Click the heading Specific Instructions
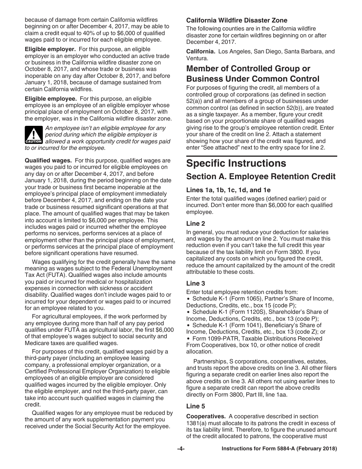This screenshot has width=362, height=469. coord(231,164)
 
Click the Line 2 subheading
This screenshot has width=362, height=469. coord(195,224)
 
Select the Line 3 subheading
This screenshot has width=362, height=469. coord(195,283)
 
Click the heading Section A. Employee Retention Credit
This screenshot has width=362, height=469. coord(261,177)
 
